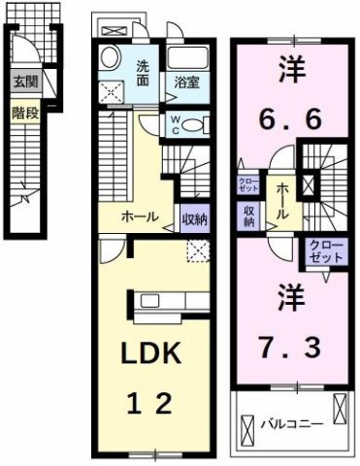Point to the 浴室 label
tap(186, 83)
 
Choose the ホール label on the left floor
tap(140, 217)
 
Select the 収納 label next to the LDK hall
tap(195, 218)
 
